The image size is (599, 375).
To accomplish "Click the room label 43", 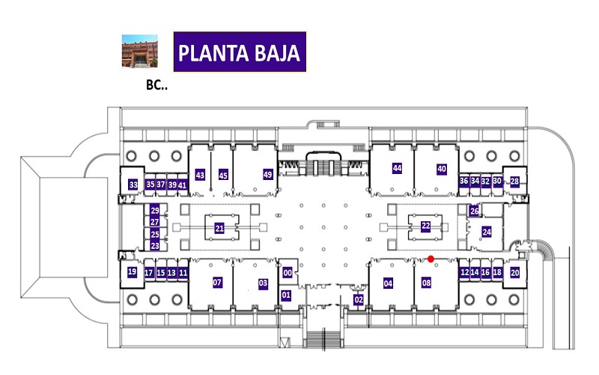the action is coord(200,175).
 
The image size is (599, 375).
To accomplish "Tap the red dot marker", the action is coord(431,259).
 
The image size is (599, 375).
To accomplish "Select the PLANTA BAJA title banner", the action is coord(240,52).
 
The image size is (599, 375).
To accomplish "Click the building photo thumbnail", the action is coord(140,51).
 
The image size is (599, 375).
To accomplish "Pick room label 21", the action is coord(219,229).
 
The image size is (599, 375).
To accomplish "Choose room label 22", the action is coord(425,226).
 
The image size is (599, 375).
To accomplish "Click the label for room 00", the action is coord(288,272).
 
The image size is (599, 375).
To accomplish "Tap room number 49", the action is coord(267,175).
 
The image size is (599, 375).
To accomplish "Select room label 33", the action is coord(133,184).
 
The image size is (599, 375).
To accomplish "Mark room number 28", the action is coord(514,181).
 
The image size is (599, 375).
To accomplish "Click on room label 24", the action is coord(486,232).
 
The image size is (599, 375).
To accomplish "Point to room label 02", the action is coord(359,299).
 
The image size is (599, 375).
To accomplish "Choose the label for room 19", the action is coord(132,271).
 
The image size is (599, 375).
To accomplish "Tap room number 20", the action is coord(515,272).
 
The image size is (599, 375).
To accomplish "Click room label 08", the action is coord(426,283).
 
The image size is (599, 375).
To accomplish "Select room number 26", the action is coord(474,211).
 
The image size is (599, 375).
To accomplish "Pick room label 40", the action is coord(442,169).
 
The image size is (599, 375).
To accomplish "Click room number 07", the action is coord(217,283).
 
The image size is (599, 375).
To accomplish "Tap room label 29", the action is coord(155,210).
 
